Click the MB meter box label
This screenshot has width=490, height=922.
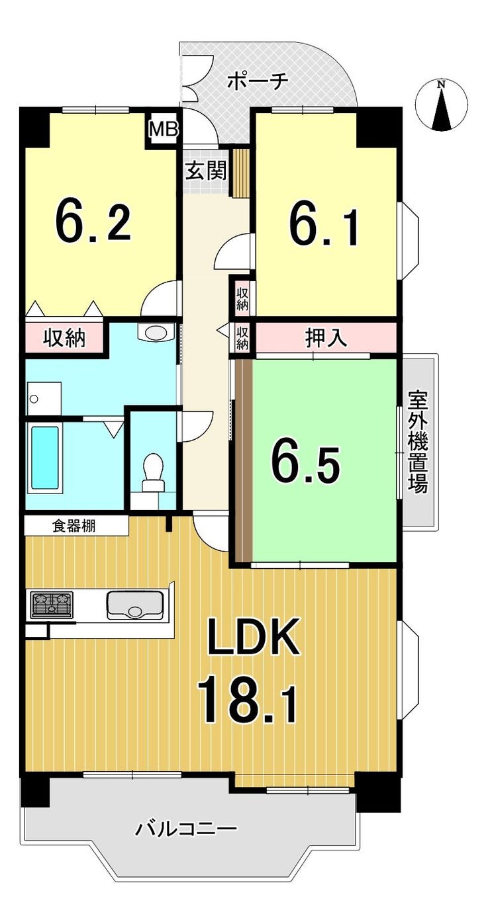pos(164,129)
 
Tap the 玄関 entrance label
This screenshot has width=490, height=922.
pos(206,171)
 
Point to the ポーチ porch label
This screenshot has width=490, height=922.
pos(257,81)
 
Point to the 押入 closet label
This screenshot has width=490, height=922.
pos(326,338)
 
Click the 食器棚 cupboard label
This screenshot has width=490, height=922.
pos(73,526)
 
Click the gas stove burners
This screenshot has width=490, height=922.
pos(52,605)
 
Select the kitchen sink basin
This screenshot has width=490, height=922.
pos(135,605)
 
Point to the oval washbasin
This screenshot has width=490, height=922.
pos(155,332)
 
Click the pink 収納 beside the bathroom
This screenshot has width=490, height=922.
pos(64,339)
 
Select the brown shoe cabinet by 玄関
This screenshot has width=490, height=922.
pos(238,173)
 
